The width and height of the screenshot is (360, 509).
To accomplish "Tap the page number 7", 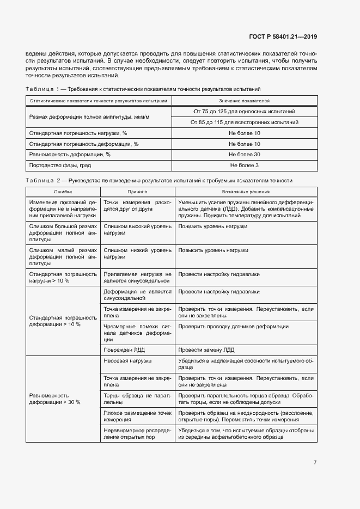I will [x=315, y=463].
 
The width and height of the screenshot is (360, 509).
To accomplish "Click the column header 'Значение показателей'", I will [x=244, y=101].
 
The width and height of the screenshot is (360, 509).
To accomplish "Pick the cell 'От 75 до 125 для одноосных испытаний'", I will [x=244, y=111].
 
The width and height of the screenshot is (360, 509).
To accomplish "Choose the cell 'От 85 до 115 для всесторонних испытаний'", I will [x=244, y=122].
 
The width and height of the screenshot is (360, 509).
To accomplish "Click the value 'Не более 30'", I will [x=244, y=154].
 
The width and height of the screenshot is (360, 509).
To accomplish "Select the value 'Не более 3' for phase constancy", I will [x=244, y=165].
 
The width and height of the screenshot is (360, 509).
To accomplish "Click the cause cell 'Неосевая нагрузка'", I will [x=127, y=361].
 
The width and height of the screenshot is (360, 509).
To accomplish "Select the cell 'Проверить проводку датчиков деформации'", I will [x=233, y=327].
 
